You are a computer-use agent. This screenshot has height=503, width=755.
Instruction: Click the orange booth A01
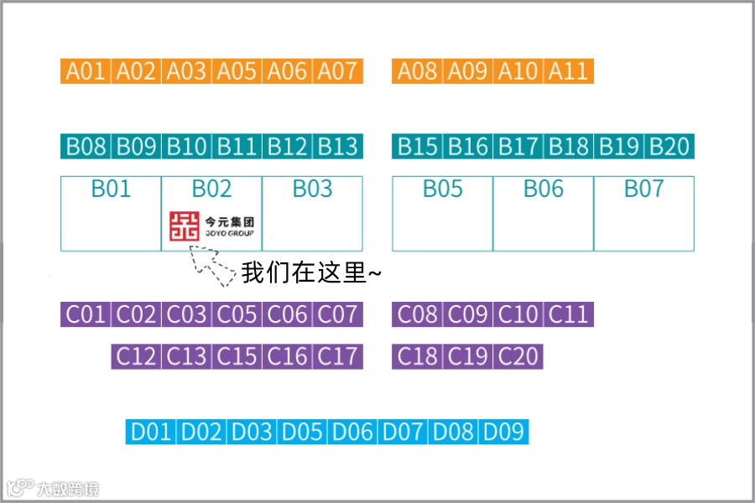coord(86,71)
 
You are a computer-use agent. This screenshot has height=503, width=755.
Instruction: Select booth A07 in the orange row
coord(338,71)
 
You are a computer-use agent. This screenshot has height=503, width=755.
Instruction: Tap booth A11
coord(569,71)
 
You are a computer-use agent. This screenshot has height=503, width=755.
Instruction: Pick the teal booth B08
coord(86,147)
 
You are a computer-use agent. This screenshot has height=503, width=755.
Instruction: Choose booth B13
coord(338,147)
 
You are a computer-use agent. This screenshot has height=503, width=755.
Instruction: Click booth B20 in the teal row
coord(669,147)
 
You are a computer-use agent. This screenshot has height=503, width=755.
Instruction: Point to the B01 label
coord(111,189)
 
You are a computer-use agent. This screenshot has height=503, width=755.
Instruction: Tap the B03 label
coord(312,189)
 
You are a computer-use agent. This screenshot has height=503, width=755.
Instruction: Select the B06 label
coord(544,189)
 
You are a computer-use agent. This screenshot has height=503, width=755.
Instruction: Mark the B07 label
coord(643,189)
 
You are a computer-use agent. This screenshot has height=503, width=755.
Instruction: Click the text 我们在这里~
coord(311,273)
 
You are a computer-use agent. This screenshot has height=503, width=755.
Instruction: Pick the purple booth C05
coord(237,315)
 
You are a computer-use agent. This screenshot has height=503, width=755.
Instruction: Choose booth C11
coord(569,315)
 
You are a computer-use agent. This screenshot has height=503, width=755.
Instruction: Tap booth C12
coord(136,356)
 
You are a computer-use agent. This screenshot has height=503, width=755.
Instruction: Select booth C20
coord(518,356)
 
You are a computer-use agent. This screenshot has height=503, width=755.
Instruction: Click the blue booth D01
coord(151,433)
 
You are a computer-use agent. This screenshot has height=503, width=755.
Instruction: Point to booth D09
coord(503,433)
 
